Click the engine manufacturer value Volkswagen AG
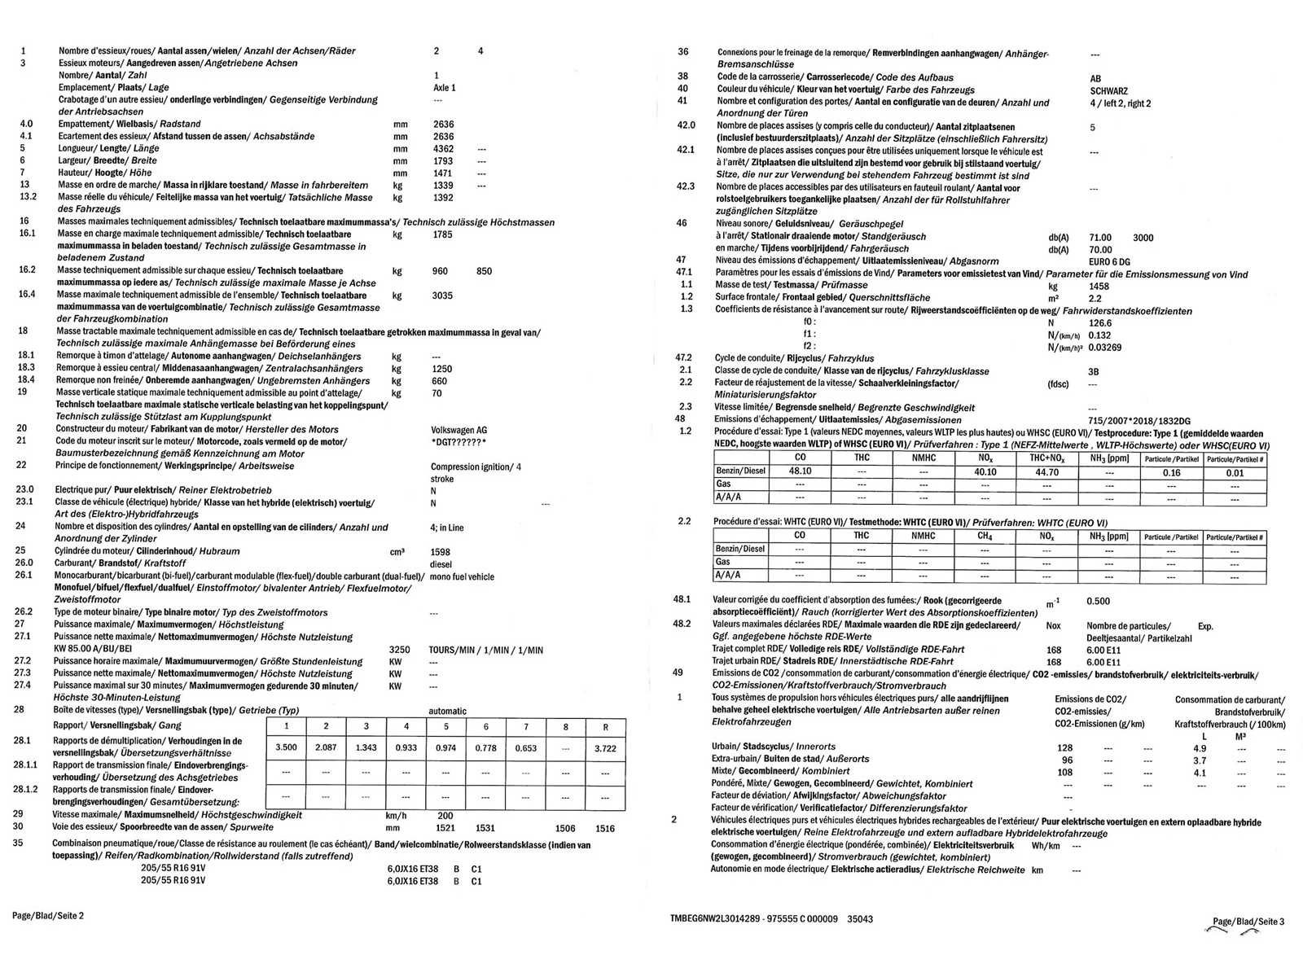click(x=458, y=430)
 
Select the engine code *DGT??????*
click(x=458, y=442)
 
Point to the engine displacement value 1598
click(x=440, y=552)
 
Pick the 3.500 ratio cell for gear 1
click(x=286, y=747)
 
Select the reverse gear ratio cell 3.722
click(x=605, y=748)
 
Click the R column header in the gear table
click(x=605, y=726)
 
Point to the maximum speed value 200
click(x=445, y=815)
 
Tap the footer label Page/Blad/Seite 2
click(x=47, y=915)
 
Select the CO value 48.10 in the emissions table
click(x=800, y=471)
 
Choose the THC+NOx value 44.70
click(x=1046, y=471)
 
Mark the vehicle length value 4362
click(x=443, y=149)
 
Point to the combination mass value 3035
click(x=442, y=296)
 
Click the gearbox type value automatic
click(x=447, y=711)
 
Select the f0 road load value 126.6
click(x=1099, y=323)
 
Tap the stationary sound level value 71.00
click(x=1099, y=238)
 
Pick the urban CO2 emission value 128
click(x=1064, y=748)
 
